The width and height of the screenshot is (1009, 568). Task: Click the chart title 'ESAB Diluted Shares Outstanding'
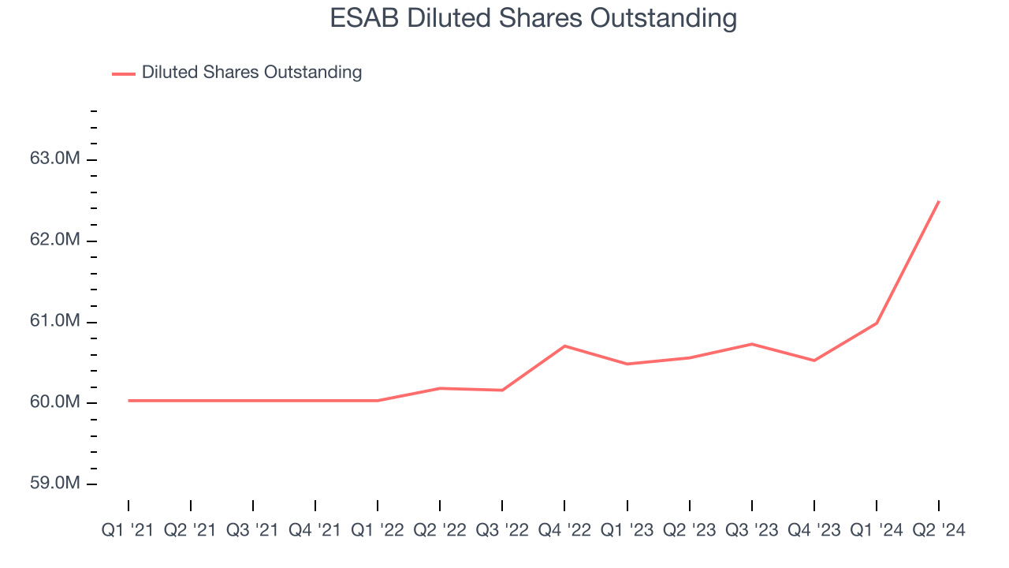533,18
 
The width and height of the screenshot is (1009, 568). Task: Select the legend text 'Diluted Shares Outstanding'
251,73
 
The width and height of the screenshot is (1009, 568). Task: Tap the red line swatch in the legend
124,73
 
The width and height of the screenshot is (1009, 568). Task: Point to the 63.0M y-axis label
55,159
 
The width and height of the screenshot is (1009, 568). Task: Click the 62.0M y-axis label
55,240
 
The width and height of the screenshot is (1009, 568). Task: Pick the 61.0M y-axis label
55,321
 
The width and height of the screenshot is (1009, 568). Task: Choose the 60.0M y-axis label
55,402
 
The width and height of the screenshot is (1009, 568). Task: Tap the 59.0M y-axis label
55,483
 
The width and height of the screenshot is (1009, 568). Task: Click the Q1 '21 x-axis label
128,531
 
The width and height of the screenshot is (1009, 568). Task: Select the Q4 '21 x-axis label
315,531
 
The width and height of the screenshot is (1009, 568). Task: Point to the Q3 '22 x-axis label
502,531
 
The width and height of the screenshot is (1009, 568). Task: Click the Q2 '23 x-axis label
689,531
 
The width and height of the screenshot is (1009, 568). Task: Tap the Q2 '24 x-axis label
938,531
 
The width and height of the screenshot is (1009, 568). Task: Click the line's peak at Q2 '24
938,202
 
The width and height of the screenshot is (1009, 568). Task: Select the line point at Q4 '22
564,346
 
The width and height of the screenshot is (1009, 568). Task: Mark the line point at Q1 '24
876,323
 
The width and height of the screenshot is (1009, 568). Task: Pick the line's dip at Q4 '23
814,361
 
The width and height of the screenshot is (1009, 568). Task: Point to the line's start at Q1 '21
128,401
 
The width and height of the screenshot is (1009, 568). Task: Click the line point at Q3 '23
751,344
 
